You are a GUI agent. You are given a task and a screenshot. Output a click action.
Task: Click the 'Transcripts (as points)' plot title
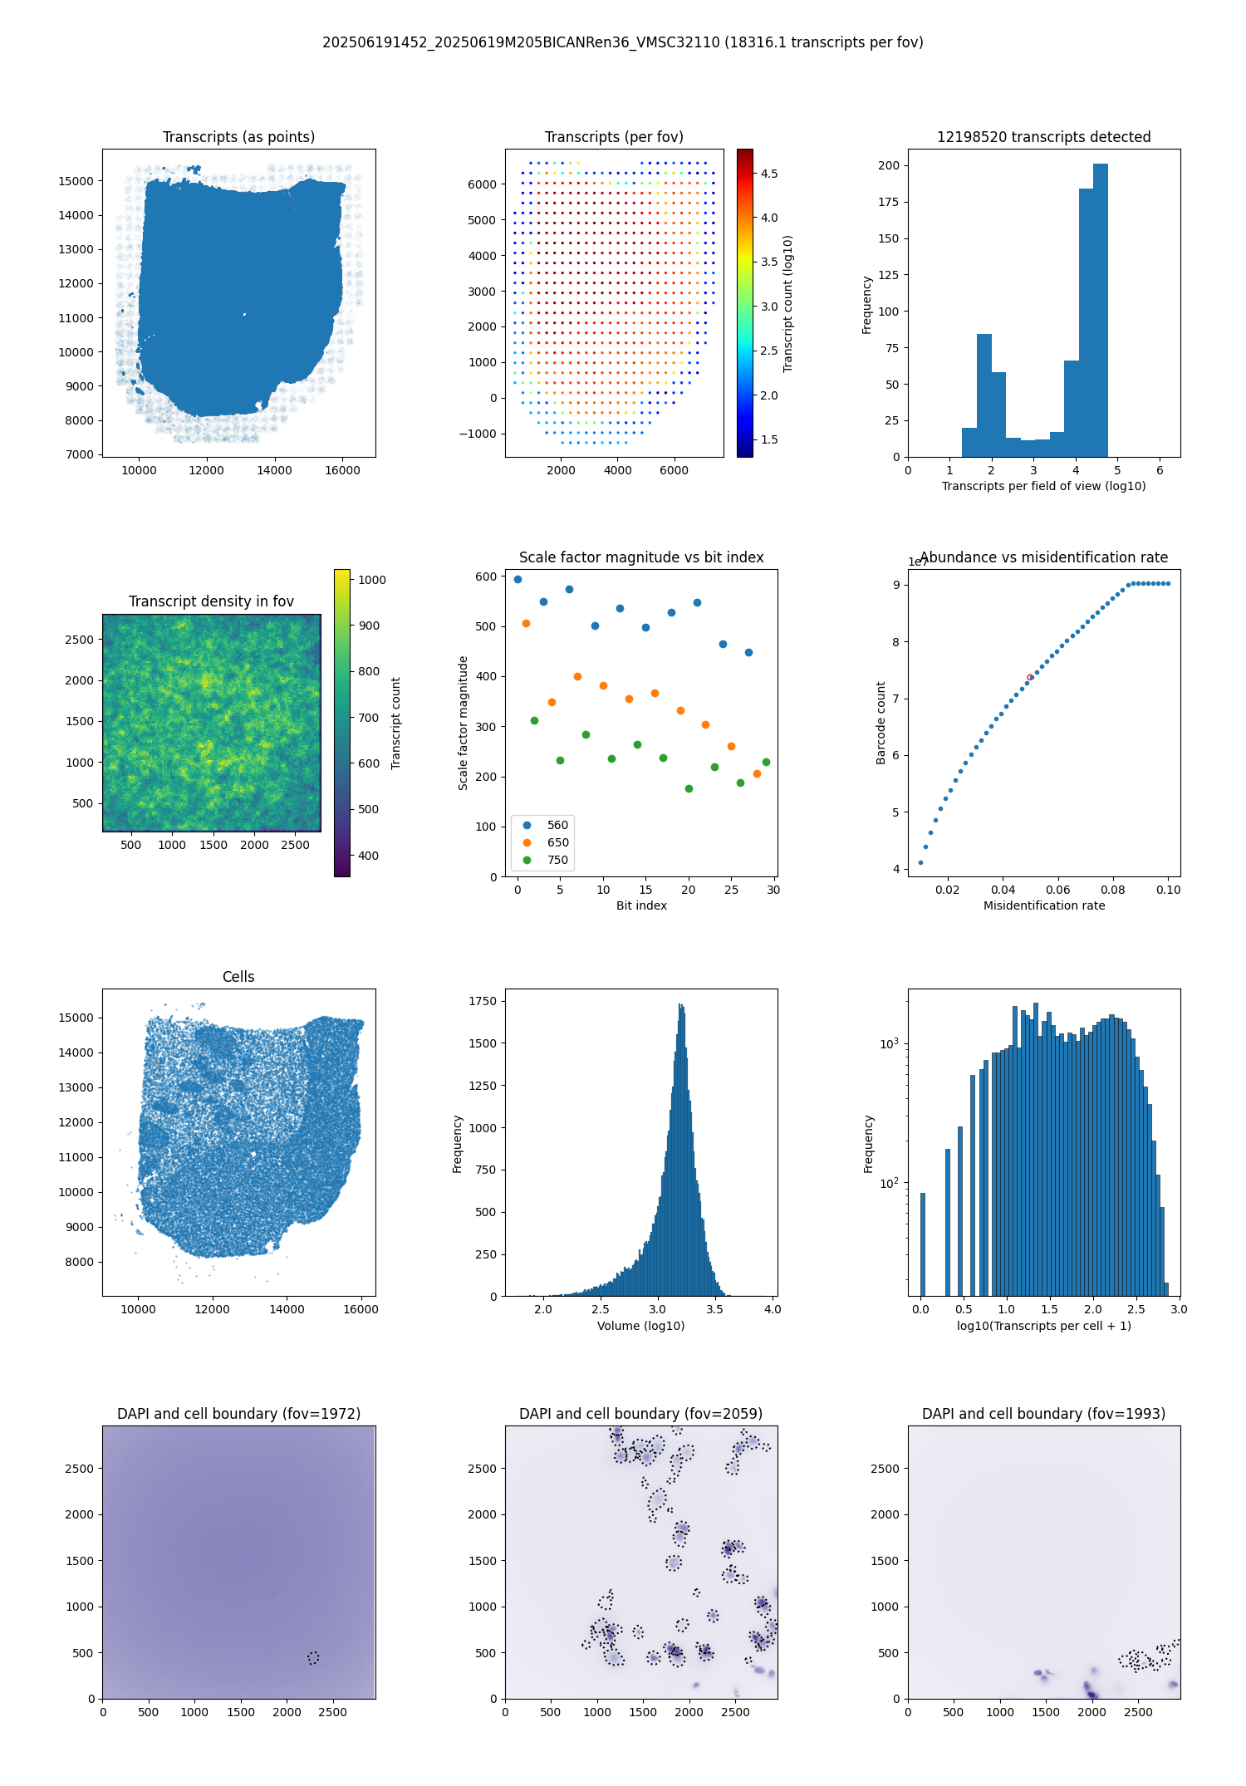pos(238,137)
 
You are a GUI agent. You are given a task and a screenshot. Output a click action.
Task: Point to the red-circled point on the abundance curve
pos(1030,677)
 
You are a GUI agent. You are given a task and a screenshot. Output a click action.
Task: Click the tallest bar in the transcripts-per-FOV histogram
pos(1101,311)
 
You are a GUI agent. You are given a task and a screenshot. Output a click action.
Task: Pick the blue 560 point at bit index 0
pos(518,579)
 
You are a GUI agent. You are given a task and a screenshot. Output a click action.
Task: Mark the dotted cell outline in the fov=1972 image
pos(313,1658)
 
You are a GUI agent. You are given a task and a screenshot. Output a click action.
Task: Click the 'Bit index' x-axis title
pos(641,905)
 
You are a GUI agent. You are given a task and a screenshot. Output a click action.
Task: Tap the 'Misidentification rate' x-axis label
pos(1044,905)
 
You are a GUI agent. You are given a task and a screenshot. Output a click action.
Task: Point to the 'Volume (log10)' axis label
pos(641,1326)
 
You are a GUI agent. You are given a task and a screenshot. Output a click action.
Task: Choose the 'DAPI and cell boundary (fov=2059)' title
pos(641,1414)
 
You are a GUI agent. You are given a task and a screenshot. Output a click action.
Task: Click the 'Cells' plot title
pos(238,977)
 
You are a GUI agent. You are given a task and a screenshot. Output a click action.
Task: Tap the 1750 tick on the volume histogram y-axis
pos(483,1001)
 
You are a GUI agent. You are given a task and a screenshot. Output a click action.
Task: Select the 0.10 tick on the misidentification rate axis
pos(1168,890)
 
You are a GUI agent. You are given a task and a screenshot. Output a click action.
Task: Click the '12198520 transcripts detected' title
pos(1044,137)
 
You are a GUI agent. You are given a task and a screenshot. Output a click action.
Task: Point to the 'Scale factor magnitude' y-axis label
pos(464,723)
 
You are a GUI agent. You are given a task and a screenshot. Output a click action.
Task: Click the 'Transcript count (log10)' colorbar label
pos(788,303)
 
